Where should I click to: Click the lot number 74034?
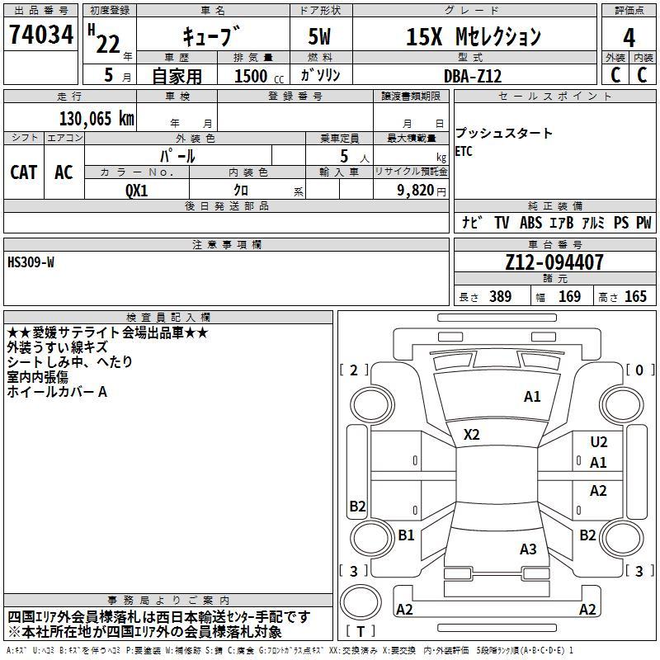(41, 35)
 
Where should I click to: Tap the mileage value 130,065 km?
(97, 119)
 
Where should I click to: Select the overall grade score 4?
(629, 38)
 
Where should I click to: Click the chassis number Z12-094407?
(554, 262)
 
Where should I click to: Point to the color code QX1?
(137, 191)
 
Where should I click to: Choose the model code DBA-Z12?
(473, 76)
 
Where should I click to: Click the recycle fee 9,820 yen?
(422, 191)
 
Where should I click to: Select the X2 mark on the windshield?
(471, 435)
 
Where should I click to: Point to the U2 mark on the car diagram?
(599, 442)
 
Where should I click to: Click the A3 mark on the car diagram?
(528, 549)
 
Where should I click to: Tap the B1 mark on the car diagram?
(406, 535)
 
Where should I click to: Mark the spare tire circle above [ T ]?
(361, 602)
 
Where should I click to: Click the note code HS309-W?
(31, 262)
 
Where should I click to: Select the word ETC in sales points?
(464, 151)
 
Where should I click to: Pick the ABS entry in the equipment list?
(530, 223)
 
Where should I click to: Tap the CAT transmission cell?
(24, 172)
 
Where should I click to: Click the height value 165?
(635, 296)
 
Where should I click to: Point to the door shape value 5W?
(319, 36)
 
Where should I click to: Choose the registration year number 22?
(108, 45)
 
